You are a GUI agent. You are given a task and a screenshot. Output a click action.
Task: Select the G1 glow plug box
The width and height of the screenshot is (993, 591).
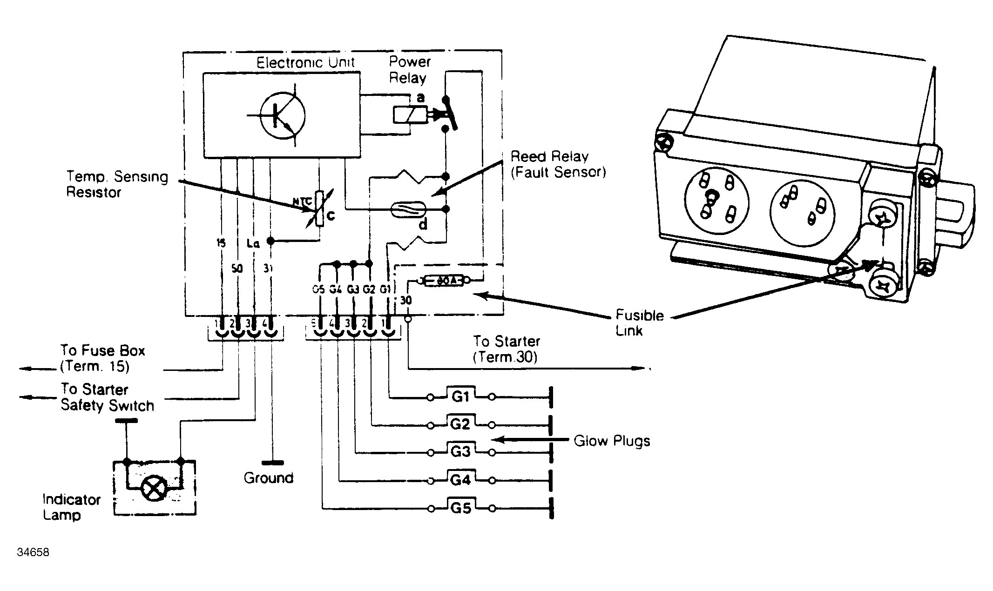click(x=460, y=396)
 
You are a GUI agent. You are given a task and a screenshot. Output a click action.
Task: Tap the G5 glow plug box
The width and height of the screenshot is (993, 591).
click(x=460, y=508)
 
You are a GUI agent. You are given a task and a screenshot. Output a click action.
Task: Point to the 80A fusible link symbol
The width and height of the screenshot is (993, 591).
click(x=444, y=281)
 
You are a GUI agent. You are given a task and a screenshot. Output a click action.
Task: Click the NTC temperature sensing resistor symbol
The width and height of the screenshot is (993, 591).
click(x=319, y=209)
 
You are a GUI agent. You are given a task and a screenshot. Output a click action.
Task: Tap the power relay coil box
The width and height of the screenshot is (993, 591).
click(x=410, y=115)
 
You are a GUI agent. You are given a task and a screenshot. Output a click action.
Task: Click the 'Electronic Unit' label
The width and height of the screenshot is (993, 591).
click(x=305, y=62)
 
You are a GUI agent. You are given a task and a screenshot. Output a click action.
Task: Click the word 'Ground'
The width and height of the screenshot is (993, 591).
click(x=269, y=478)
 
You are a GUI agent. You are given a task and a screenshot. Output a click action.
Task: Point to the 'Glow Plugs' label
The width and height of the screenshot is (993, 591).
click(x=612, y=441)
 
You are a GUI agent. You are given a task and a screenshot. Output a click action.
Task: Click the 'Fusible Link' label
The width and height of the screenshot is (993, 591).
click(x=639, y=323)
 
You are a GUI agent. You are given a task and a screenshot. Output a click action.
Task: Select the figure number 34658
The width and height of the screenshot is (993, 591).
click(x=33, y=552)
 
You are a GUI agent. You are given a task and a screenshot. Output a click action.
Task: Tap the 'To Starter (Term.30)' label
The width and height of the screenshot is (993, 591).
click(x=507, y=349)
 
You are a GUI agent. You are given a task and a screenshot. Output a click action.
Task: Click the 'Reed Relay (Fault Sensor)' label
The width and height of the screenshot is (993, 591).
click(x=558, y=164)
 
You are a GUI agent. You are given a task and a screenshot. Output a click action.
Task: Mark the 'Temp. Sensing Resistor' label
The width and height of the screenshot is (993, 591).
click(x=117, y=184)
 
